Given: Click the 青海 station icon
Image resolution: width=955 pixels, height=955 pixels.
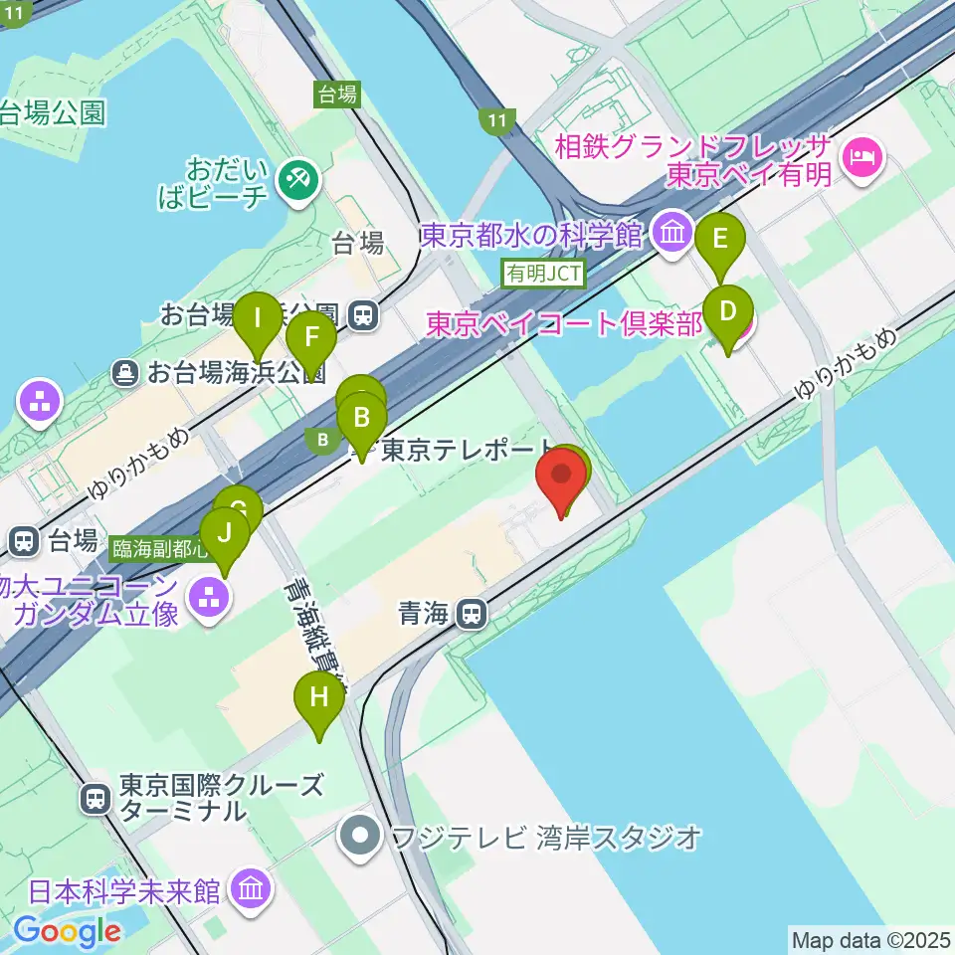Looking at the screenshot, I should point(473,616).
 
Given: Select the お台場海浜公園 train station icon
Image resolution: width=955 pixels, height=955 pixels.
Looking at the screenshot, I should point(364,315).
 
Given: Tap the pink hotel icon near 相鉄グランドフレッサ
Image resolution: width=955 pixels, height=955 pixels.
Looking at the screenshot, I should point(861,157).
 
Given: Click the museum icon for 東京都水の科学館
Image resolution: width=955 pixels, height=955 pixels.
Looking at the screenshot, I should point(674,234).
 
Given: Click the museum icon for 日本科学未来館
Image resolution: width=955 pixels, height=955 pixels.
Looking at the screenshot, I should point(249,888).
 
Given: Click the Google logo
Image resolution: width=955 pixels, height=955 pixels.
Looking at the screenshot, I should point(67,930).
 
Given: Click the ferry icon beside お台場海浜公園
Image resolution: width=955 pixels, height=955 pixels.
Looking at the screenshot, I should point(127,373).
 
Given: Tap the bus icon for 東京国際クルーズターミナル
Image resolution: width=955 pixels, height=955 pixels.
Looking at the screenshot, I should point(95,798).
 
